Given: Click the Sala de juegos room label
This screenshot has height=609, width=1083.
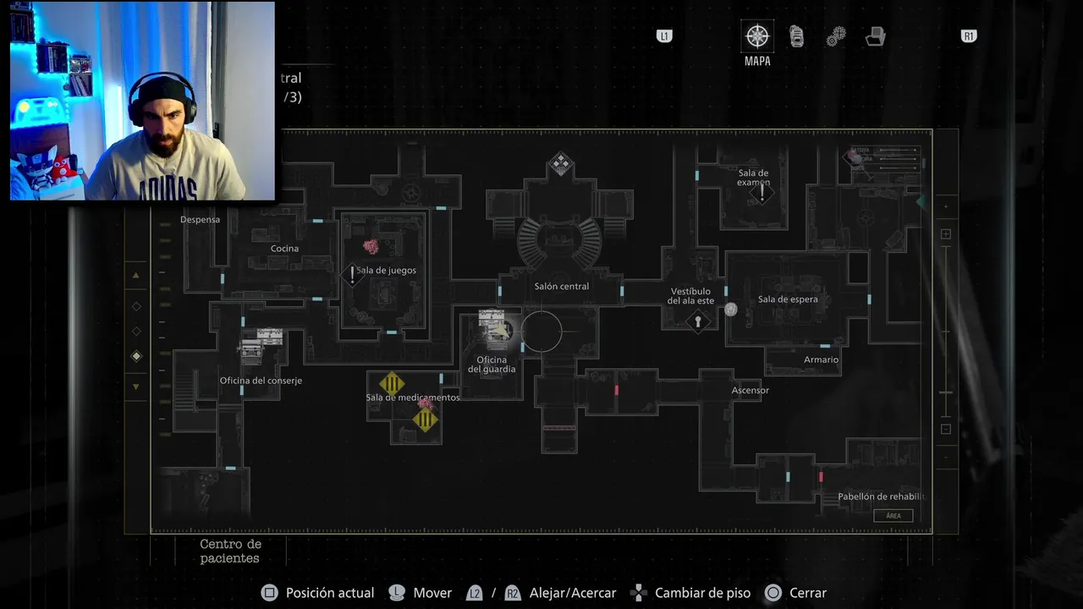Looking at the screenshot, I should (x=386, y=271).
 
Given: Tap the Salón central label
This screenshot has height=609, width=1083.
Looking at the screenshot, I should (x=562, y=287).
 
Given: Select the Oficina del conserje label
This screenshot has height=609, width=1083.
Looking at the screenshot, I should (x=261, y=381).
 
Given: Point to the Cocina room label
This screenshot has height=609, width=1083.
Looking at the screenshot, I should (x=284, y=249).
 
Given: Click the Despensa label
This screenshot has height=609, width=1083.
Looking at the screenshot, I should (x=200, y=220).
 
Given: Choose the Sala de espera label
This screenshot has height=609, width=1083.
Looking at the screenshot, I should (x=788, y=299).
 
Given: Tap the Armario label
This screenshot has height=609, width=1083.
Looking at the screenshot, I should (x=821, y=360).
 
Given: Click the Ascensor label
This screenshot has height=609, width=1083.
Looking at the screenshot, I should (x=750, y=391).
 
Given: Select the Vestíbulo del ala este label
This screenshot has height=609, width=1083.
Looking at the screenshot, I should (x=690, y=296).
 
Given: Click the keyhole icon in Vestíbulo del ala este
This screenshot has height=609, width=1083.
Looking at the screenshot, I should (x=698, y=321).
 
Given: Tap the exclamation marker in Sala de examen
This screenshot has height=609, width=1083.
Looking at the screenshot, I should (x=761, y=193).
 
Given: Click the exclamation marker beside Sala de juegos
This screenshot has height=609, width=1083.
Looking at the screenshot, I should (x=353, y=274).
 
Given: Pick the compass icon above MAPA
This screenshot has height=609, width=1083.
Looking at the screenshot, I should (x=756, y=36).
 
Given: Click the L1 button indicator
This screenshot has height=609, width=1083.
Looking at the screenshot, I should (x=664, y=36).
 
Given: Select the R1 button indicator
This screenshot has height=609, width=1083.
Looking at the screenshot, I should (x=969, y=36).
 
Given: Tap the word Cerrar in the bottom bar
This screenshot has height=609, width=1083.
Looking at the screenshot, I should (x=807, y=593).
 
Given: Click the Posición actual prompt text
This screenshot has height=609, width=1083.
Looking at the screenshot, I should (x=330, y=593).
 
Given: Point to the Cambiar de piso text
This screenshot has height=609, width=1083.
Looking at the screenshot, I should (x=702, y=593).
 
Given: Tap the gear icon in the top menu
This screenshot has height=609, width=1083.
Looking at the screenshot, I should (x=836, y=36).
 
